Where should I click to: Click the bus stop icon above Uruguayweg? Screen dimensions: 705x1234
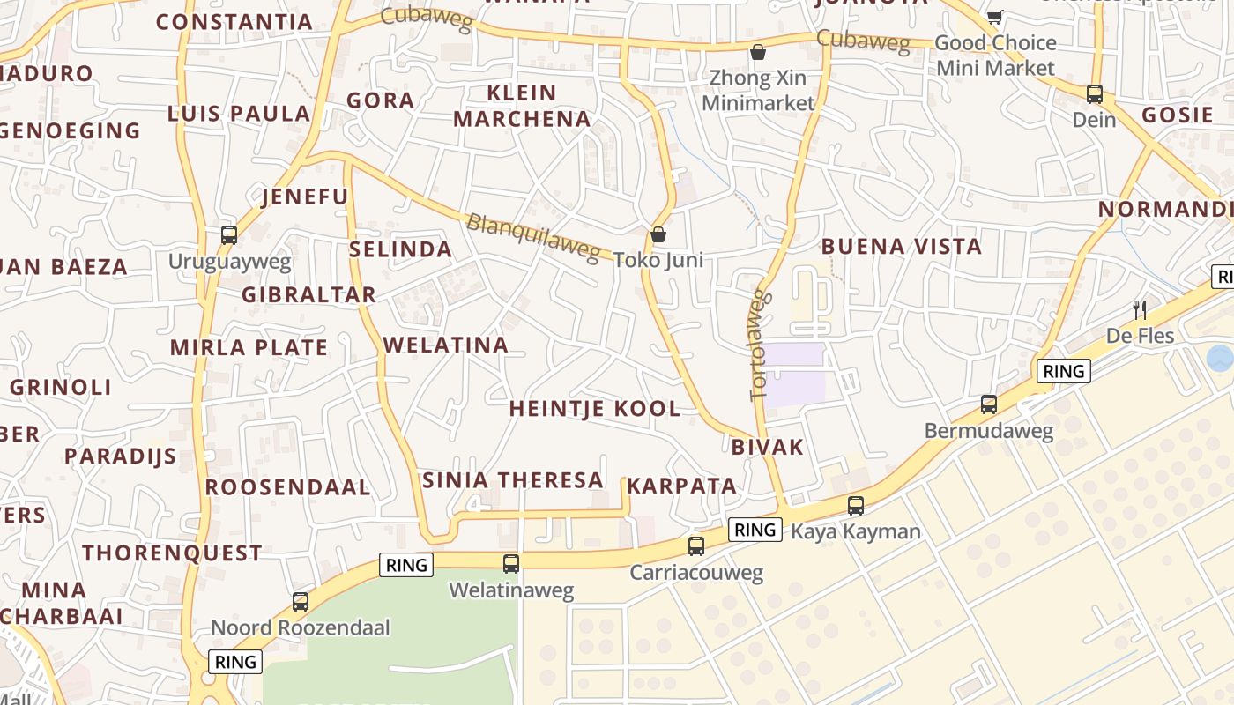229,235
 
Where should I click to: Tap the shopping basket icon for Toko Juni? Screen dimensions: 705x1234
658,234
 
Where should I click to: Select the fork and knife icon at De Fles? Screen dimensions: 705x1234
1140,309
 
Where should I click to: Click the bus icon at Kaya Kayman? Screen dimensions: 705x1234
855,506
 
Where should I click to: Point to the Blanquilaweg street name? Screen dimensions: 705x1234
532,236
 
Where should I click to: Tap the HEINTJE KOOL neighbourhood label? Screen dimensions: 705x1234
595,409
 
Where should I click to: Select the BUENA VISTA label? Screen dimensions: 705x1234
901,247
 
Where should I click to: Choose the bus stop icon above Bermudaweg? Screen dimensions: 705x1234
989,404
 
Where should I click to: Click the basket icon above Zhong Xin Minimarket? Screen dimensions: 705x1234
757,52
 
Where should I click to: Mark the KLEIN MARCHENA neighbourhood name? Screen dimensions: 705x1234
522,106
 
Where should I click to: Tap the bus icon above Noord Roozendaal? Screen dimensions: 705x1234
301,602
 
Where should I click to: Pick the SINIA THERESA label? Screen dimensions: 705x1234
513,480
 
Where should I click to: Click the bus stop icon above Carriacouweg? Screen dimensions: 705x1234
696,546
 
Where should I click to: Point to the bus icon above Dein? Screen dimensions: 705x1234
1094,93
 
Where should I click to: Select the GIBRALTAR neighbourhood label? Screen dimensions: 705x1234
309,294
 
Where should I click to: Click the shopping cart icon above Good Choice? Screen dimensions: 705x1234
994,17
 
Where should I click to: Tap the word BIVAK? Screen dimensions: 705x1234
768,447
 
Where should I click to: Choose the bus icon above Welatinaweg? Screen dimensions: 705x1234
511,564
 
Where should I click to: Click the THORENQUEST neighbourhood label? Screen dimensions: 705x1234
173,553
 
